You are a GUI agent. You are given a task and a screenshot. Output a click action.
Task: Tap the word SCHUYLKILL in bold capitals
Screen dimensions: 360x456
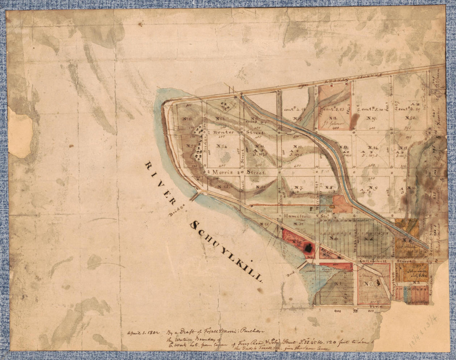click(x=226, y=251)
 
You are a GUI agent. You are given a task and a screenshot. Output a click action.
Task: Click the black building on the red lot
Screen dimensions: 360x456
click(x=308, y=248)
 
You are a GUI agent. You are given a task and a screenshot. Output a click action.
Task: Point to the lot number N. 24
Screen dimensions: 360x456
click(x=222, y=146)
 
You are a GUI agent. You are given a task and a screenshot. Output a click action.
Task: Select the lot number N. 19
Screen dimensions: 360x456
click(x=371, y=119)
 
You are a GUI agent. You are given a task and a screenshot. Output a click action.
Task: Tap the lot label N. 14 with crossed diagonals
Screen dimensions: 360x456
click(x=372, y=148)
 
